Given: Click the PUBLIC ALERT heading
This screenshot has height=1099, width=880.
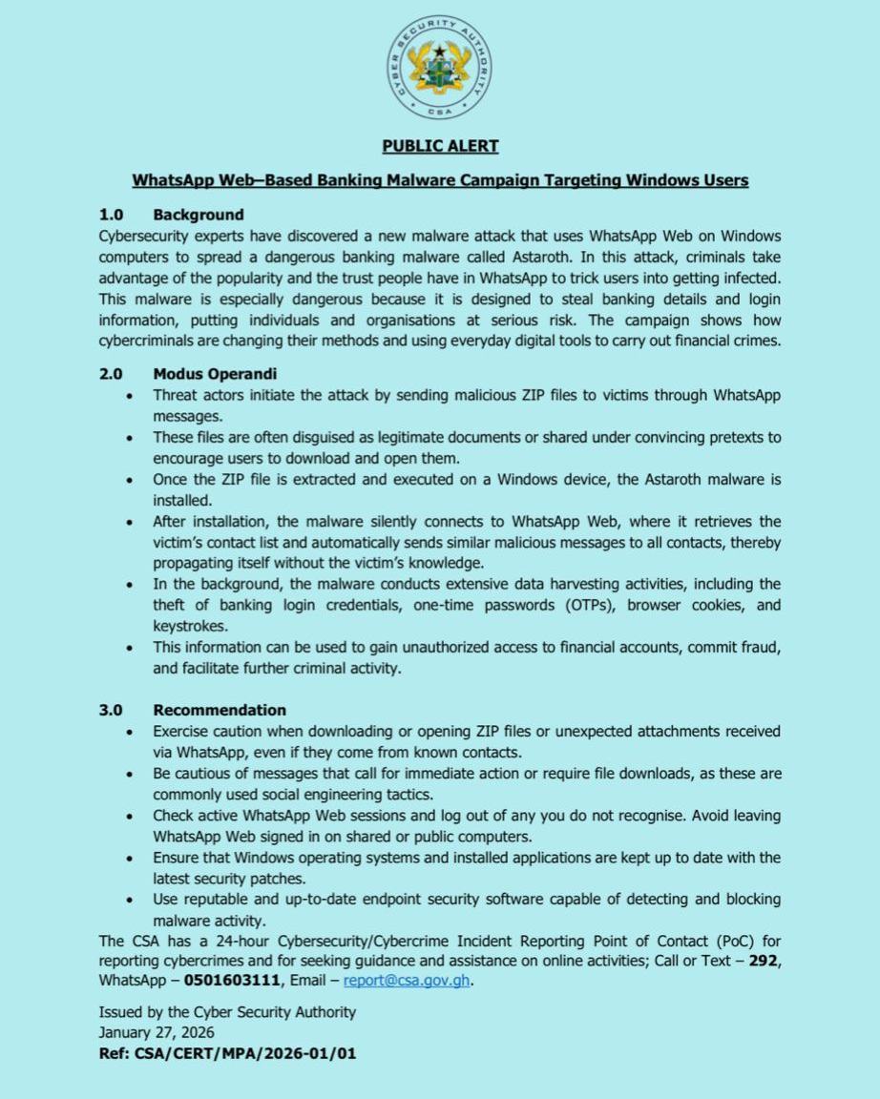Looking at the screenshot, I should coord(440,146).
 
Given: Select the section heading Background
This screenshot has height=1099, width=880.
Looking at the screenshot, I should coord(199,215).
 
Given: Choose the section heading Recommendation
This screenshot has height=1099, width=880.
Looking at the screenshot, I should coord(220,710).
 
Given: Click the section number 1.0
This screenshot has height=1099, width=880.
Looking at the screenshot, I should coord(112,215).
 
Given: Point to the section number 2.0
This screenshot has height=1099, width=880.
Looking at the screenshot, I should coord(112,375).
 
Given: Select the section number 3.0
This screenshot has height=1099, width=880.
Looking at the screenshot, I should coord(112,710).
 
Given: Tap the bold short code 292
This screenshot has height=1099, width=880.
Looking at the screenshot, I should coord(763,962).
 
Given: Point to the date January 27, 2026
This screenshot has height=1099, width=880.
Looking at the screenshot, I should coord(157,1032).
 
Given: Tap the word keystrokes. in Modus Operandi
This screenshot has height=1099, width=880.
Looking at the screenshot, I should coord(189,626).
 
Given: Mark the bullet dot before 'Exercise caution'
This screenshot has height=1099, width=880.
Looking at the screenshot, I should coord(130,732).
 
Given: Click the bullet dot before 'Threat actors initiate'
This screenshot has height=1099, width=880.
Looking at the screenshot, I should coord(130,396).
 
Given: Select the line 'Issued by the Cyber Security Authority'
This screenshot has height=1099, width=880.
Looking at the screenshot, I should coord(227,1012).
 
